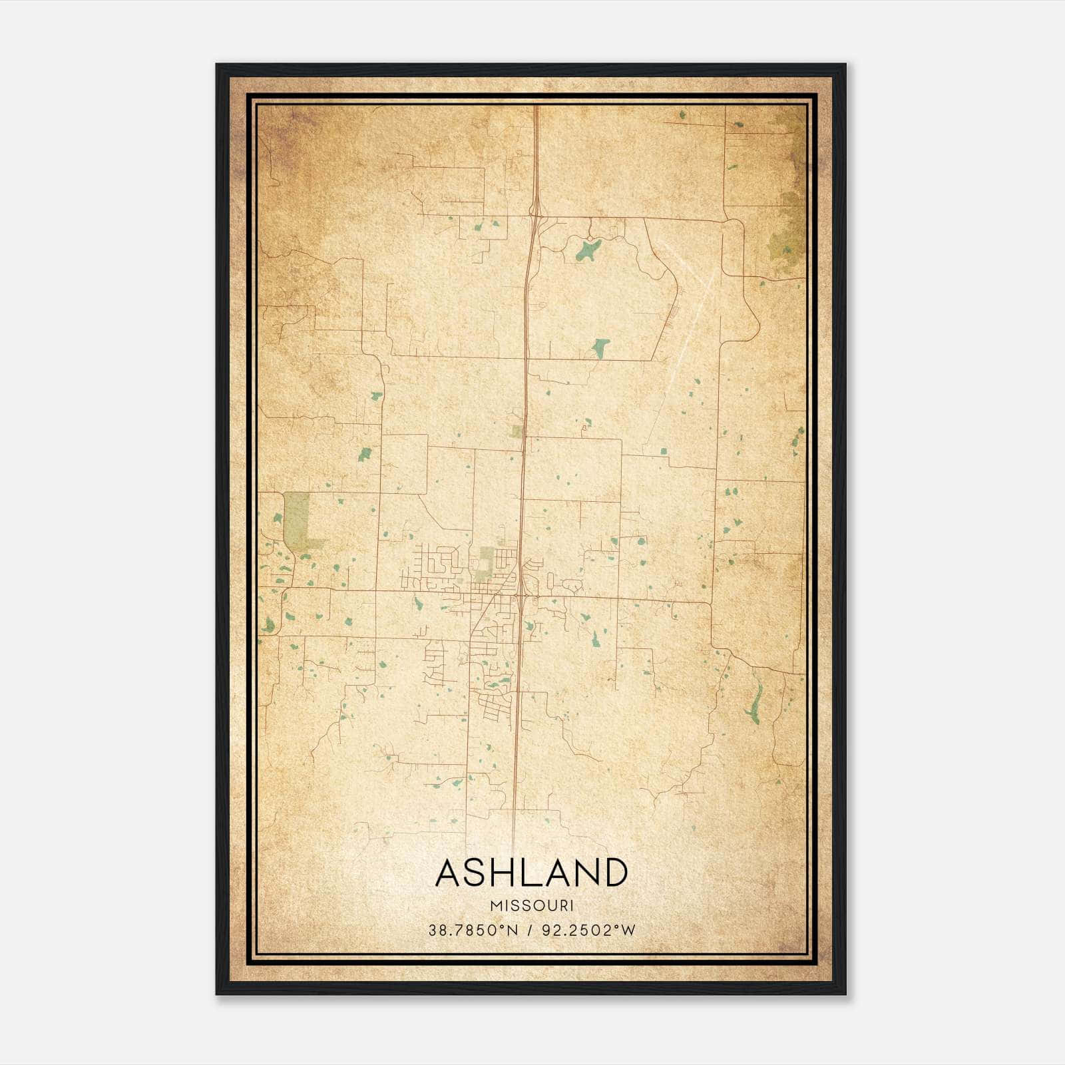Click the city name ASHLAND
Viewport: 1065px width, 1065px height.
(x=531, y=873)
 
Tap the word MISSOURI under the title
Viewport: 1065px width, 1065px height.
(x=531, y=905)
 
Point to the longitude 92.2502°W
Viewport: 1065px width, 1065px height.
(x=588, y=930)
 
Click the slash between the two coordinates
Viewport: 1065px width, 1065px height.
(x=531, y=930)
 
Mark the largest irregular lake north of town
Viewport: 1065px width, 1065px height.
(x=586, y=250)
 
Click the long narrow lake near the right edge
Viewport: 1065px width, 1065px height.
(x=755, y=704)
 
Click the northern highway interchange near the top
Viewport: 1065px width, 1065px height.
(x=535, y=212)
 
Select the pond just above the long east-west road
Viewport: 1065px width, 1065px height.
(x=600, y=347)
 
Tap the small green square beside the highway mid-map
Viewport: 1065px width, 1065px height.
(x=517, y=432)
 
